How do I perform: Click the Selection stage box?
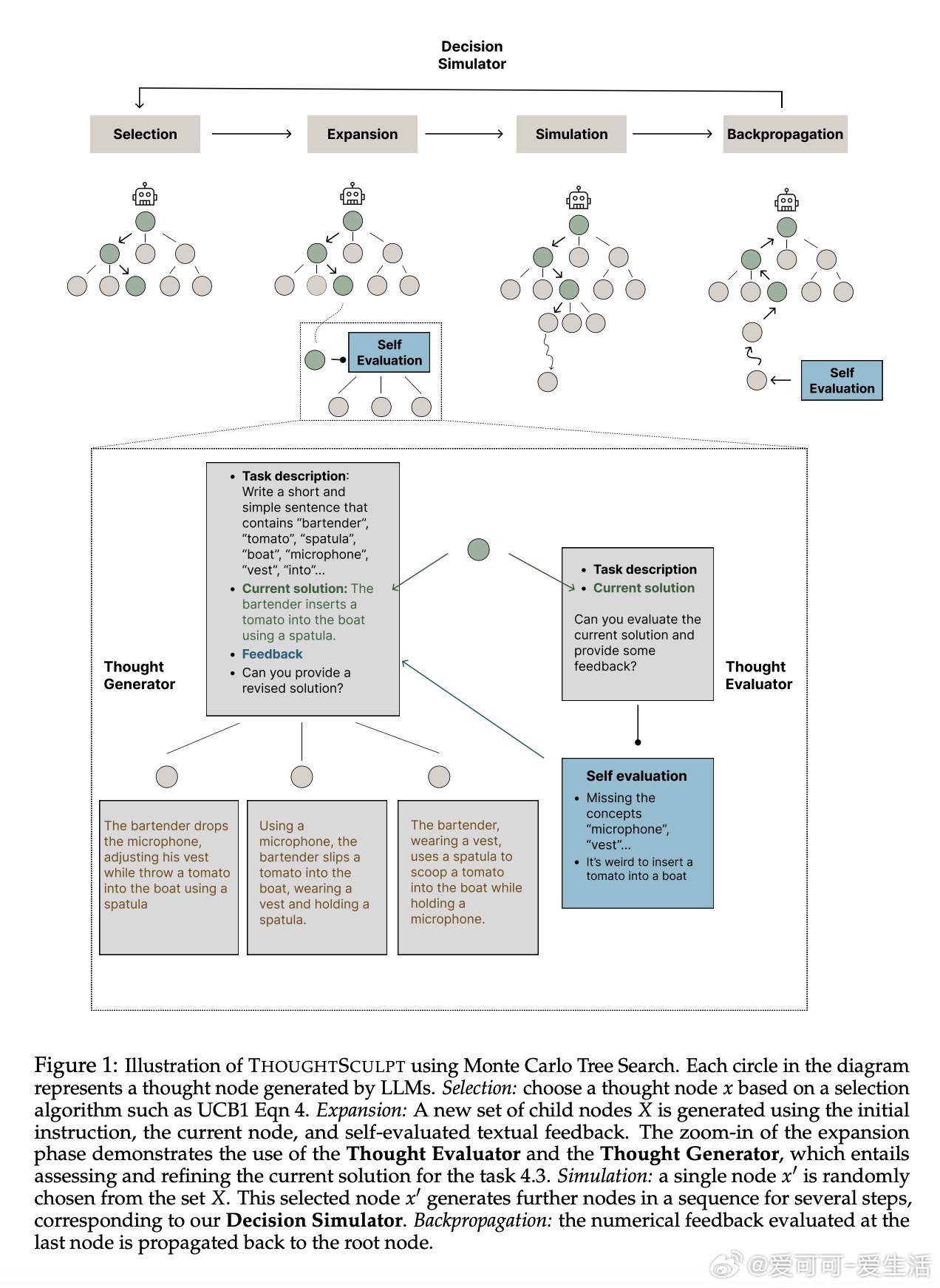(x=145, y=134)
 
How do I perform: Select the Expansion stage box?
(x=362, y=134)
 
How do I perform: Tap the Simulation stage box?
(x=571, y=134)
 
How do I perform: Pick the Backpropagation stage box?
(x=785, y=134)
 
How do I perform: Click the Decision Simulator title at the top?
(x=471, y=55)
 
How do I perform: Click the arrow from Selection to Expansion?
(x=252, y=134)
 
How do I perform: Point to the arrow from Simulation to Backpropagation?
(x=672, y=134)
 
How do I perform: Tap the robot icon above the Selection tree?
(x=145, y=195)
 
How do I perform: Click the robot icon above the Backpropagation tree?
(x=787, y=200)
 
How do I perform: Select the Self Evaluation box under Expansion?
(x=389, y=353)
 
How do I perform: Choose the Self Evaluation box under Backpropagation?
(x=842, y=381)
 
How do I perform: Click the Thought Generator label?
(x=139, y=675)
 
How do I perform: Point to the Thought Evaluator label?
(x=758, y=675)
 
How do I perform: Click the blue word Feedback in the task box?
(x=272, y=654)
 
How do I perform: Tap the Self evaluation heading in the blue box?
(x=636, y=776)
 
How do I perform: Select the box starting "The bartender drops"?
(x=168, y=877)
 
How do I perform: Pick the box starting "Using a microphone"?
(x=317, y=877)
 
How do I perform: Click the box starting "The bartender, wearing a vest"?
(x=468, y=877)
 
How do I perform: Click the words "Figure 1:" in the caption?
(x=75, y=1065)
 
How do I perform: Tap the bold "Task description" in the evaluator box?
(x=644, y=569)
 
